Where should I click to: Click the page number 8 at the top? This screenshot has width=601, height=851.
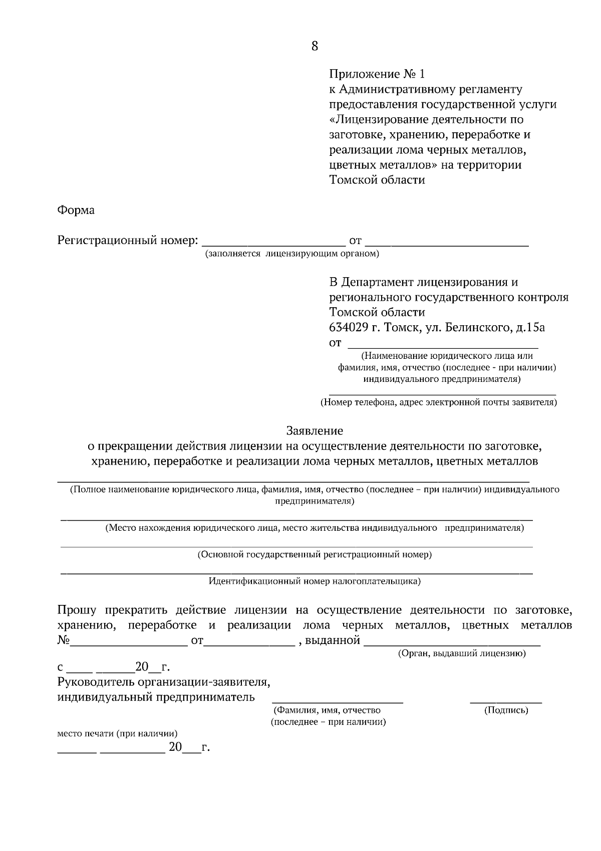tap(315, 46)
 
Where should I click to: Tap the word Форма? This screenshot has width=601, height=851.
tap(76, 210)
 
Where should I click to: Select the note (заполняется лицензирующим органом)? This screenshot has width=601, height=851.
tap(291, 254)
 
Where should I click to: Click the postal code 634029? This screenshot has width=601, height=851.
tap(349, 328)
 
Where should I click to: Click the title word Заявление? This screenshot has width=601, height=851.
tap(315, 431)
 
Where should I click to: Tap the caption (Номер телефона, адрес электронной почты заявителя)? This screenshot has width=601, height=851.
tap(439, 402)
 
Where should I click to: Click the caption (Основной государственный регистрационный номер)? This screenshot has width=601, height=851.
tap(315, 555)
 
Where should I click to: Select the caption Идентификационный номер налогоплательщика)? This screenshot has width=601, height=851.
tap(315, 581)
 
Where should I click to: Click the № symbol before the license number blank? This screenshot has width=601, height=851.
tap(64, 641)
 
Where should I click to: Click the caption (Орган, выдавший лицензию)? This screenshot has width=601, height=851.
tap(461, 654)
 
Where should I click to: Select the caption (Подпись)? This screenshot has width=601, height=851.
tap(506, 710)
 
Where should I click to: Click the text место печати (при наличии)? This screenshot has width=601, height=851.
tap(117, 733)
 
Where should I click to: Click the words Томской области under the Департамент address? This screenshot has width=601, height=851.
tap(377, 312)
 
